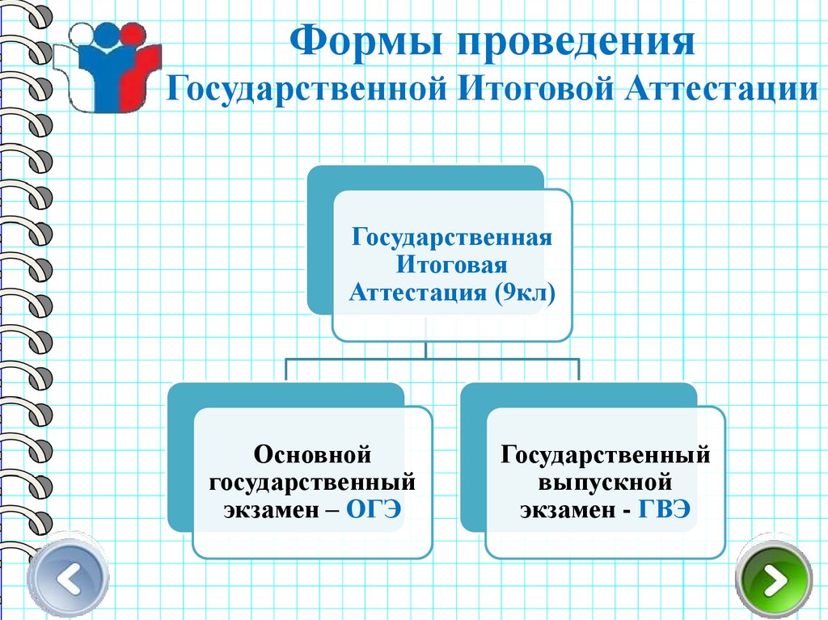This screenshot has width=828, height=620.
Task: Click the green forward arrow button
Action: coord(774,580)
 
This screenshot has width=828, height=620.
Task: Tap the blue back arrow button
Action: coord(68,580)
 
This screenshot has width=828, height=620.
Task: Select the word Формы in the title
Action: coord(362,42)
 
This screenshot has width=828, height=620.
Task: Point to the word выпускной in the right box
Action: coord(606,483)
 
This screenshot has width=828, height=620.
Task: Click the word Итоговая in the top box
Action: coord(451,265)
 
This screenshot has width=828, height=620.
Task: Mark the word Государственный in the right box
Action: coord(606,455)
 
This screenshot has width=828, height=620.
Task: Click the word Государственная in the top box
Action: coord(451,238)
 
